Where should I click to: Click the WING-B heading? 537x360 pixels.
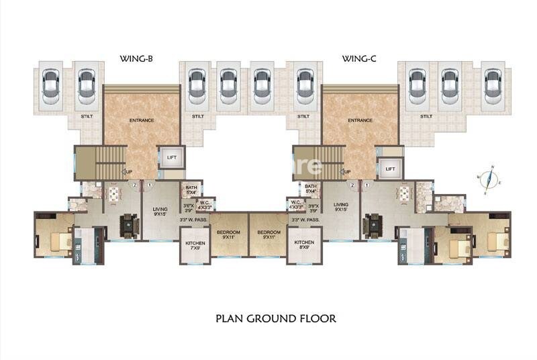pos(137,60)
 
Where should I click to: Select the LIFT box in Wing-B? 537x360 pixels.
pos(171,158)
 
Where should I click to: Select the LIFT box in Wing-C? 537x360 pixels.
pos(390,168)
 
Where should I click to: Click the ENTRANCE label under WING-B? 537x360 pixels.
pos(142,120)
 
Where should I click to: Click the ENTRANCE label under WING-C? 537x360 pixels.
pos(360,120)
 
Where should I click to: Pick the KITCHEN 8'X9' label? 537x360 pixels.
pos(304,244)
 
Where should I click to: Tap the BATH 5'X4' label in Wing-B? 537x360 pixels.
pos(191,190)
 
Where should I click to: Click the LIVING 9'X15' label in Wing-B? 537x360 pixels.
pos(159,212)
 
